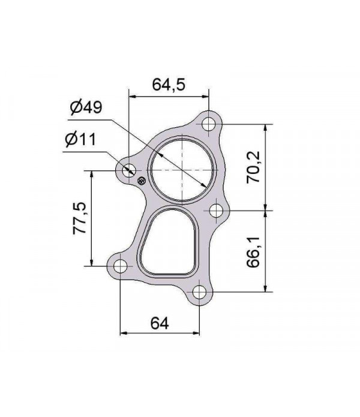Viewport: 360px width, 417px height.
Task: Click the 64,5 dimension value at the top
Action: [x=168, y=84]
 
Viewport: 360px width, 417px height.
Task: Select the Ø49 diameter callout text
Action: [x=85, y=108]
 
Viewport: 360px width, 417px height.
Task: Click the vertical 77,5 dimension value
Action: [x=80, y=218]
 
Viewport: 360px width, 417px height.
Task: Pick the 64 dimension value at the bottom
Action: [x=158, y=323]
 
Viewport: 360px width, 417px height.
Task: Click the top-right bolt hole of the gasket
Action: [x=208, y=124]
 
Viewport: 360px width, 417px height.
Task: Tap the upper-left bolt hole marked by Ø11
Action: [x=128, y=171]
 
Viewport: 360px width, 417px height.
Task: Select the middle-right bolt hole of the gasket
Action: [x=217, y=210]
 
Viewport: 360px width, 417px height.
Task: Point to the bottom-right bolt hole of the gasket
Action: [x=199, y=293]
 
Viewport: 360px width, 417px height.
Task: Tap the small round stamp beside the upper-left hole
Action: [x=142, y=180]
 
